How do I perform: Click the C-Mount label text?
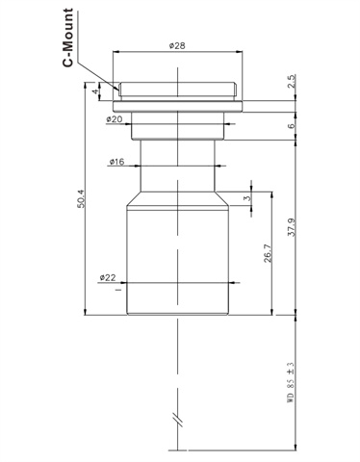click(x=67, y=38)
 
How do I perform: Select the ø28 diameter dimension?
click(x=177, y=45)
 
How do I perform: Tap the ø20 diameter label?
click(x=115, y=119)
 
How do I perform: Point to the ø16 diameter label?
click(x=116, y=162)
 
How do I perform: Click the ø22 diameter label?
click(x=108, y=277)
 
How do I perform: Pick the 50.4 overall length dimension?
click(x=80, y=199)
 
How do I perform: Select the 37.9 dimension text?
click(x=292, y=227)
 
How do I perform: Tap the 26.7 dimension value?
click(x=268, y=253)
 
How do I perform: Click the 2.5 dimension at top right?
click(x=292, y=82)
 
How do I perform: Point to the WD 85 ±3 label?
click(x=291, y=382)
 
